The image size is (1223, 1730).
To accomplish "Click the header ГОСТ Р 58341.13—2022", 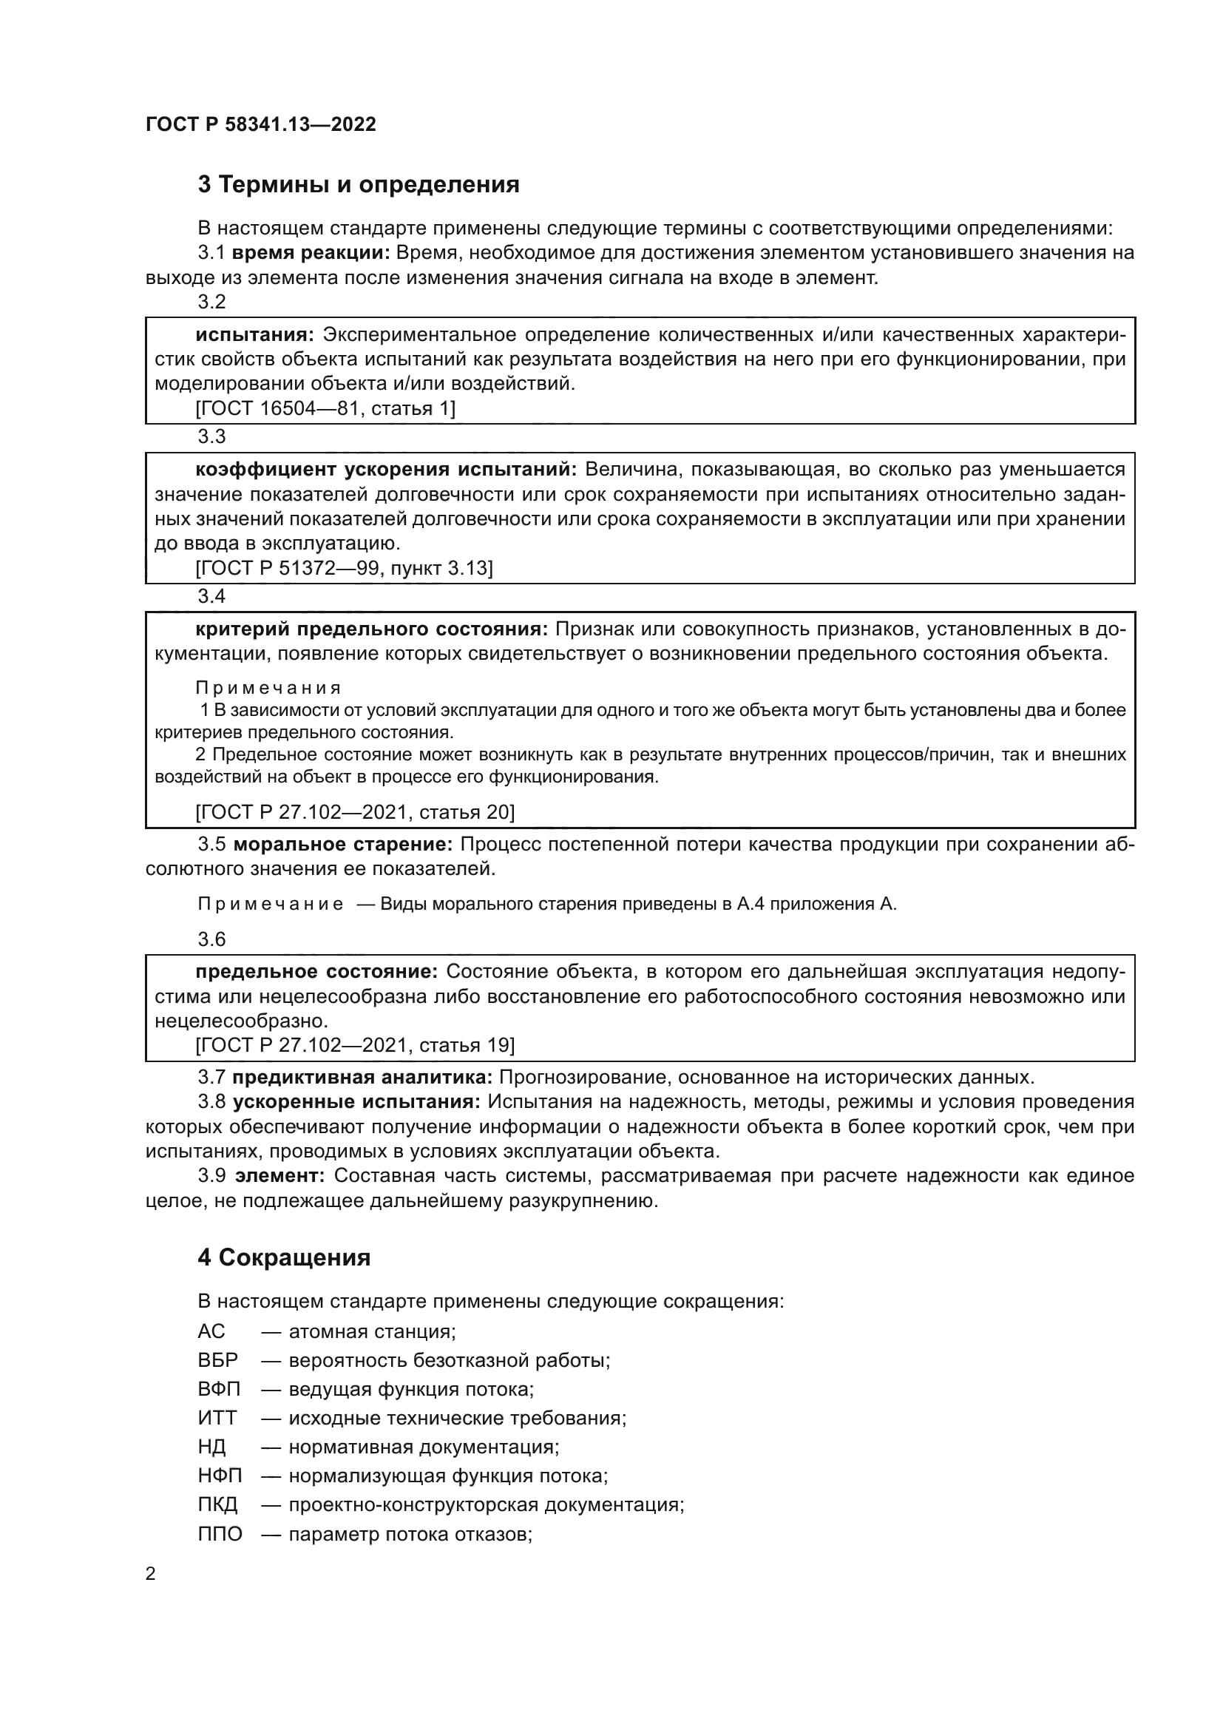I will click(260, 124).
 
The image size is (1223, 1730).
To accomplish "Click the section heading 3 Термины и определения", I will click(359, 185).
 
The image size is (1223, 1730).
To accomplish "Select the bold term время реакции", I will click(311, 253).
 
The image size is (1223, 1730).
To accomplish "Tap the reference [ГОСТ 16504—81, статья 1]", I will click(325, 409).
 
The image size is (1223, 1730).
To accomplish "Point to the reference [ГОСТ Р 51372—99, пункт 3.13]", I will click(343, 569).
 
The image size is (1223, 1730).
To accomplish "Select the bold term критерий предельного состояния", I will click(371, 629).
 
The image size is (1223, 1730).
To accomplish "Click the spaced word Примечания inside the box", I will click(268, 688).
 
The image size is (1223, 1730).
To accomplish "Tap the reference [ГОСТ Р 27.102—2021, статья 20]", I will click(355, 812).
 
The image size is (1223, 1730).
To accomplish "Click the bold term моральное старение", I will click(342, 845).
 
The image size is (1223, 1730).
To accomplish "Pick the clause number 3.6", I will click(211, 939).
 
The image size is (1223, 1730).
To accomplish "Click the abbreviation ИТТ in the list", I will click(217, 1417).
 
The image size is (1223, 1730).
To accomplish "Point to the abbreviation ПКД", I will click(217, 1504).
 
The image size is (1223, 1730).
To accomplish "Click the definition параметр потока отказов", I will click(410, 1534).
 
